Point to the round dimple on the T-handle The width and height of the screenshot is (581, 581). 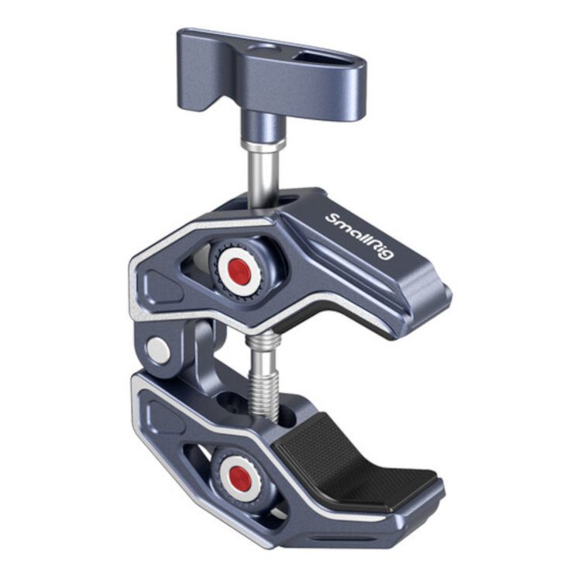[271, 48]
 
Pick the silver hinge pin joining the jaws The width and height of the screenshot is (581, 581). [160, 351]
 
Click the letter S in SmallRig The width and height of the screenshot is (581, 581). [332, 218]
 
